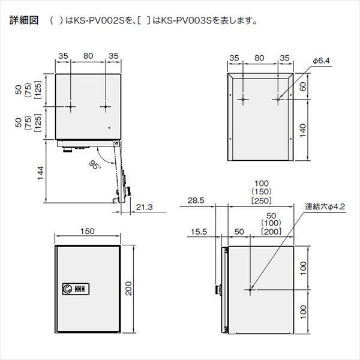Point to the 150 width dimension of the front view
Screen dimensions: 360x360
click(88, 231)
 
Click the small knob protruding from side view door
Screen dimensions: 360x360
click(219, 290)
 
